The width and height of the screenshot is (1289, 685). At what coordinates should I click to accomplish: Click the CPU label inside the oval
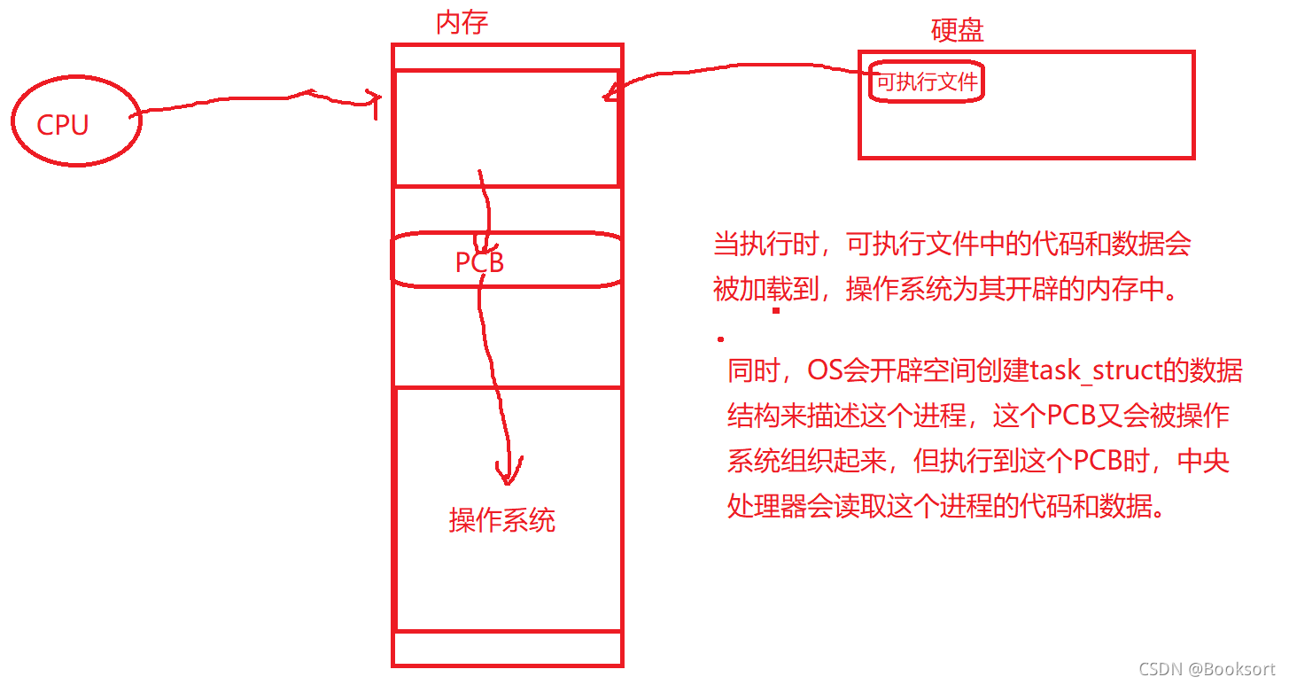click(62, 125)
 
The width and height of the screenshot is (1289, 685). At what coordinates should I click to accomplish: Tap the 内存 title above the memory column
click(462, 22)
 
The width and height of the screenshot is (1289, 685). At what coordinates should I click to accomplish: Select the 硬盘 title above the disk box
click(957, 30)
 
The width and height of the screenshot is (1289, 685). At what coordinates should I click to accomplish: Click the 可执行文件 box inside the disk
click(927, 83)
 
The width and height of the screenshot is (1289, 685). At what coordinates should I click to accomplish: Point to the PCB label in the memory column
click(479, 262)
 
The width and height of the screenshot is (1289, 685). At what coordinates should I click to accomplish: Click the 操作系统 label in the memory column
click(502, 519)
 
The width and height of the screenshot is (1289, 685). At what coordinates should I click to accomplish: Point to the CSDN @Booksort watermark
click(1207, 668)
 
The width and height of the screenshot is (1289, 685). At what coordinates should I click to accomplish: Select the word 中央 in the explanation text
click(1207, 461)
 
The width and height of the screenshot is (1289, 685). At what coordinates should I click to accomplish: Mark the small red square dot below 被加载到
click(776, 311)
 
